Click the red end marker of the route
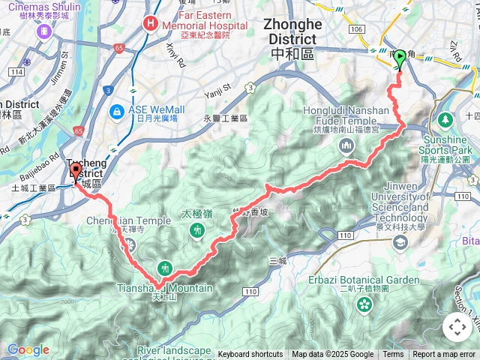76,171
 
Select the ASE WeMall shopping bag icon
116,112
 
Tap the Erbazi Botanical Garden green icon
364,304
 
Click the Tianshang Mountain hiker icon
165,268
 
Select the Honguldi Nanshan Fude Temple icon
346,145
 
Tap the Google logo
27,349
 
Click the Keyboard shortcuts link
250,355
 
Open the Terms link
393,355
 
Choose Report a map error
444,355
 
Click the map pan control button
457,327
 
